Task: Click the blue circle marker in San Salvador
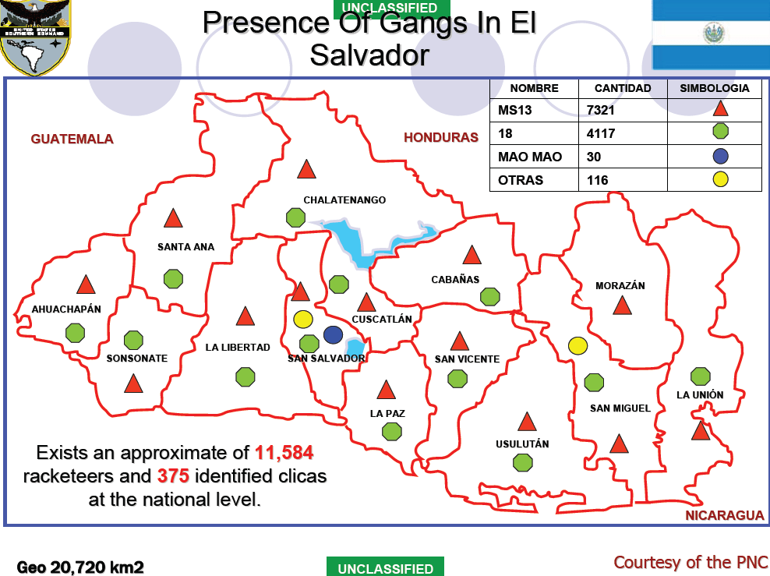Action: tap(333, 334)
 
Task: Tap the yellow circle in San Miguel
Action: tap(577, 345)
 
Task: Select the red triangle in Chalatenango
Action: tap(306, 169)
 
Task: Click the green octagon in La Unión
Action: tap(701, 376)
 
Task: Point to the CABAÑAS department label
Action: tap(455, 279)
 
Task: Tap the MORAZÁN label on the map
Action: tap(620, 286)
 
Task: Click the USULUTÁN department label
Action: tap(522, 444)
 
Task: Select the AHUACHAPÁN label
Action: tap(66, 309)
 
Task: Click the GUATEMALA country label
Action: tap(72, 140)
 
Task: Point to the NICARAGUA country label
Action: tap(725, 516)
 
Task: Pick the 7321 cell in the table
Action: tap(601, 110)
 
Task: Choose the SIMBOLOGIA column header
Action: tap(715, 88)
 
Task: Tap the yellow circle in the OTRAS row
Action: tap(720, 180)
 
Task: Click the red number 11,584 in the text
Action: tap(284, 453)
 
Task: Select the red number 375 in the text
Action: tap(173, 476)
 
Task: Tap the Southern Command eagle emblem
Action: tap(35, 35)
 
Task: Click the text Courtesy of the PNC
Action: tap(691, 562)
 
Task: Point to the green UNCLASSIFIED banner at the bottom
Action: tap(385, 568)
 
